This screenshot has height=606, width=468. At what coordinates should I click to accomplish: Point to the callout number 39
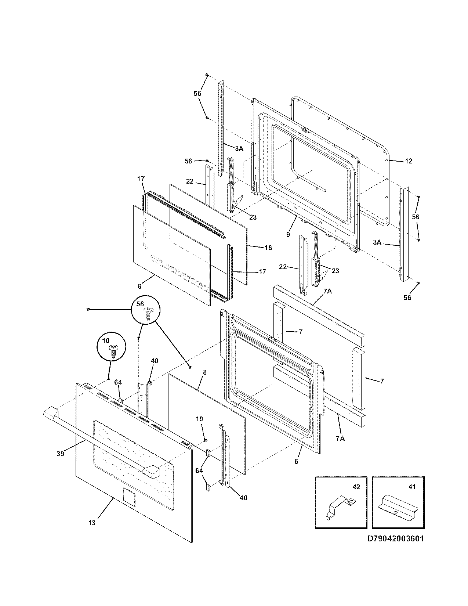[61, 454]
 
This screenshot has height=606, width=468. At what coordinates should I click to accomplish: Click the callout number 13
[92, 523]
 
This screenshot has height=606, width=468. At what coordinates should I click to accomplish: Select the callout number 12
[409, 161]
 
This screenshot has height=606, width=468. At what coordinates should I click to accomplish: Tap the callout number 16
[268, 248]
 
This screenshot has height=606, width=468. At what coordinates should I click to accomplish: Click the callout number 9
[288, 234]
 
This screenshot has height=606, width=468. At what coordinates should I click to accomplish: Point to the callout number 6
[296, 461]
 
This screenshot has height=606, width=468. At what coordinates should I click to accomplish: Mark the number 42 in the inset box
[356, 487]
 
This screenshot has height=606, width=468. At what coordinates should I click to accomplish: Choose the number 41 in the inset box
[412, 487]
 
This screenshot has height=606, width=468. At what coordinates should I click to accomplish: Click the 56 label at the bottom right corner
[407, 297]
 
